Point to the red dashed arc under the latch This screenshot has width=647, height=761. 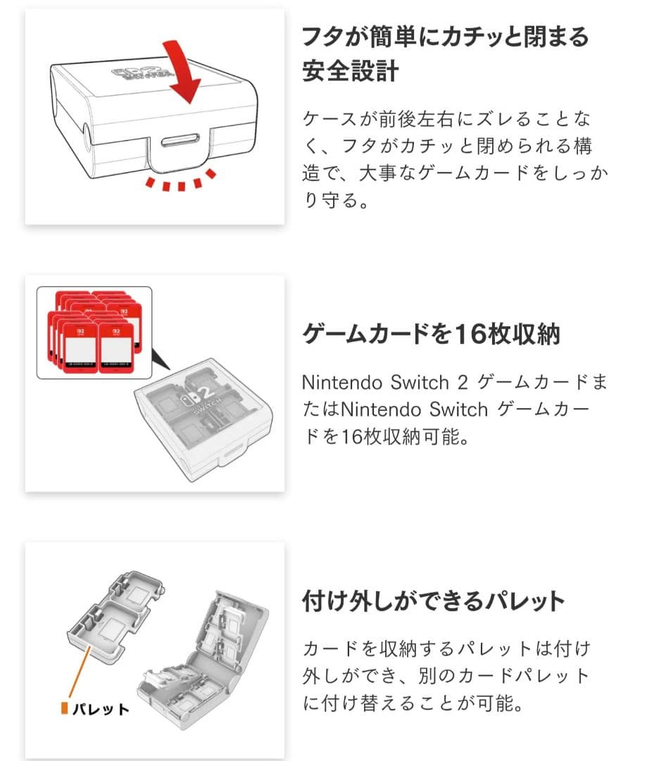click(180, 185)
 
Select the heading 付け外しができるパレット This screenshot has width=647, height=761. click(434, 601)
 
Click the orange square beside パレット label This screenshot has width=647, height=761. click(64, 707)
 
